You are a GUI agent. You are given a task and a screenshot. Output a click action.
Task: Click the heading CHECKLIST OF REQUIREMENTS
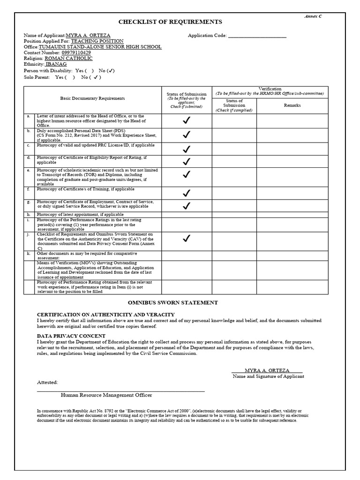pyautogui.click(x=170, y=22)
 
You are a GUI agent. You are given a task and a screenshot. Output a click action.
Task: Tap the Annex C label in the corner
pyautogui.click(x=313, y=16)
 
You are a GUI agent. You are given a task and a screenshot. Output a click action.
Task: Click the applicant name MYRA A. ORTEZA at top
pyautogui.click(x=89, y=35)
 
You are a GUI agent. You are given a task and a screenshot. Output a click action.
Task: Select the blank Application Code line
pyautogui.click(x=256, y=36)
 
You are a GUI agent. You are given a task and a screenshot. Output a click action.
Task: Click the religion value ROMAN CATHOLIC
pyautogui.click(x=72, y=59)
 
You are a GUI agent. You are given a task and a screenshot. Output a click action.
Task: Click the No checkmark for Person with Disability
pyautogui.click(x=110, y=71)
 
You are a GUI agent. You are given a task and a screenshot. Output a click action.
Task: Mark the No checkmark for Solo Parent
pyautogui.click(x=95, y=77)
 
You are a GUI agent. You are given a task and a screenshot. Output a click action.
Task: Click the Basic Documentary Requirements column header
pyautogui.click(x=92, y=98)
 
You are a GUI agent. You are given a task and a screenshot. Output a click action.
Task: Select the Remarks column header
pyautogui.click(x=292, y=105)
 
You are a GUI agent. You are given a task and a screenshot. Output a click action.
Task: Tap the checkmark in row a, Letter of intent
pyautogui.click(x=187, y=120)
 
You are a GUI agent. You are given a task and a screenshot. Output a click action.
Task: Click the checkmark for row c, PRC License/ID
pyautogui.click(x=187, y=149)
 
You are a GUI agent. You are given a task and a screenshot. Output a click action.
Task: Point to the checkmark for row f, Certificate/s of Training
pyautogui.click(x=187, y=193)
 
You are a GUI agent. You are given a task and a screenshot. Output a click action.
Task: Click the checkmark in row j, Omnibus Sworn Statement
pyautogui.click(x=187, y=238)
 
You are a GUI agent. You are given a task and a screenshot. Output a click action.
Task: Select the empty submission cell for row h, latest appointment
pyautogui.click(x=187, y=214)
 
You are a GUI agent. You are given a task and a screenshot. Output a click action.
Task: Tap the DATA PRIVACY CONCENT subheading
pyautogui.click(x=71, y=336)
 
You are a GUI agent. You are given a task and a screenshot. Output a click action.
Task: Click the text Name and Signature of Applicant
pyautogui.click(x=268, y=376)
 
